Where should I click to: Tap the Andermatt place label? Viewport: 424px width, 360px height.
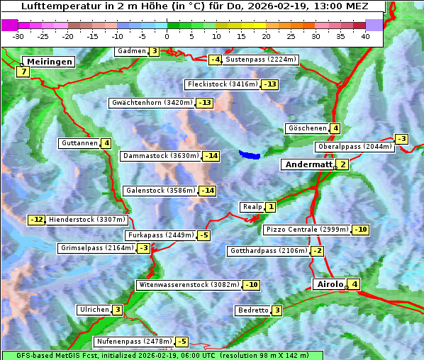tap(308, 164)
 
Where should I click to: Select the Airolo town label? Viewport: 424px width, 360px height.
tap(330, 284)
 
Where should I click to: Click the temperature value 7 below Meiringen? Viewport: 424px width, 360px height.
tap(23, 72)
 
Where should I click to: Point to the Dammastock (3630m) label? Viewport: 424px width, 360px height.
tap(160, 156)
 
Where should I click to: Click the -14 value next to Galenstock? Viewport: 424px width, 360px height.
tap(207, 191)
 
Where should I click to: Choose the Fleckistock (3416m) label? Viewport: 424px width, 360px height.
tap(222, 84)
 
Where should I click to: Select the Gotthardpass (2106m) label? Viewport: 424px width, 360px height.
tap(268, 251)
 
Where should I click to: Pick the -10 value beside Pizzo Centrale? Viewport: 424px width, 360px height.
tap(361, 230)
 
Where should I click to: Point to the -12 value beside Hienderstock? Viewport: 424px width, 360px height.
tap(37, 220)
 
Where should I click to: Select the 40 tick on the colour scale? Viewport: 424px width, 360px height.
tap(365, 36)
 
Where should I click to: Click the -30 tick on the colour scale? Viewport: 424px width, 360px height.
tap(18, 36)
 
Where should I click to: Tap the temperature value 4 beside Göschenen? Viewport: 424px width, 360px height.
tap(335, 128)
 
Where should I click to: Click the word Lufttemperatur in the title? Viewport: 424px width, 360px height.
tap(53, 6)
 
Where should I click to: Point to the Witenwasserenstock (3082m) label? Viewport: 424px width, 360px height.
tap(189, 285)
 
